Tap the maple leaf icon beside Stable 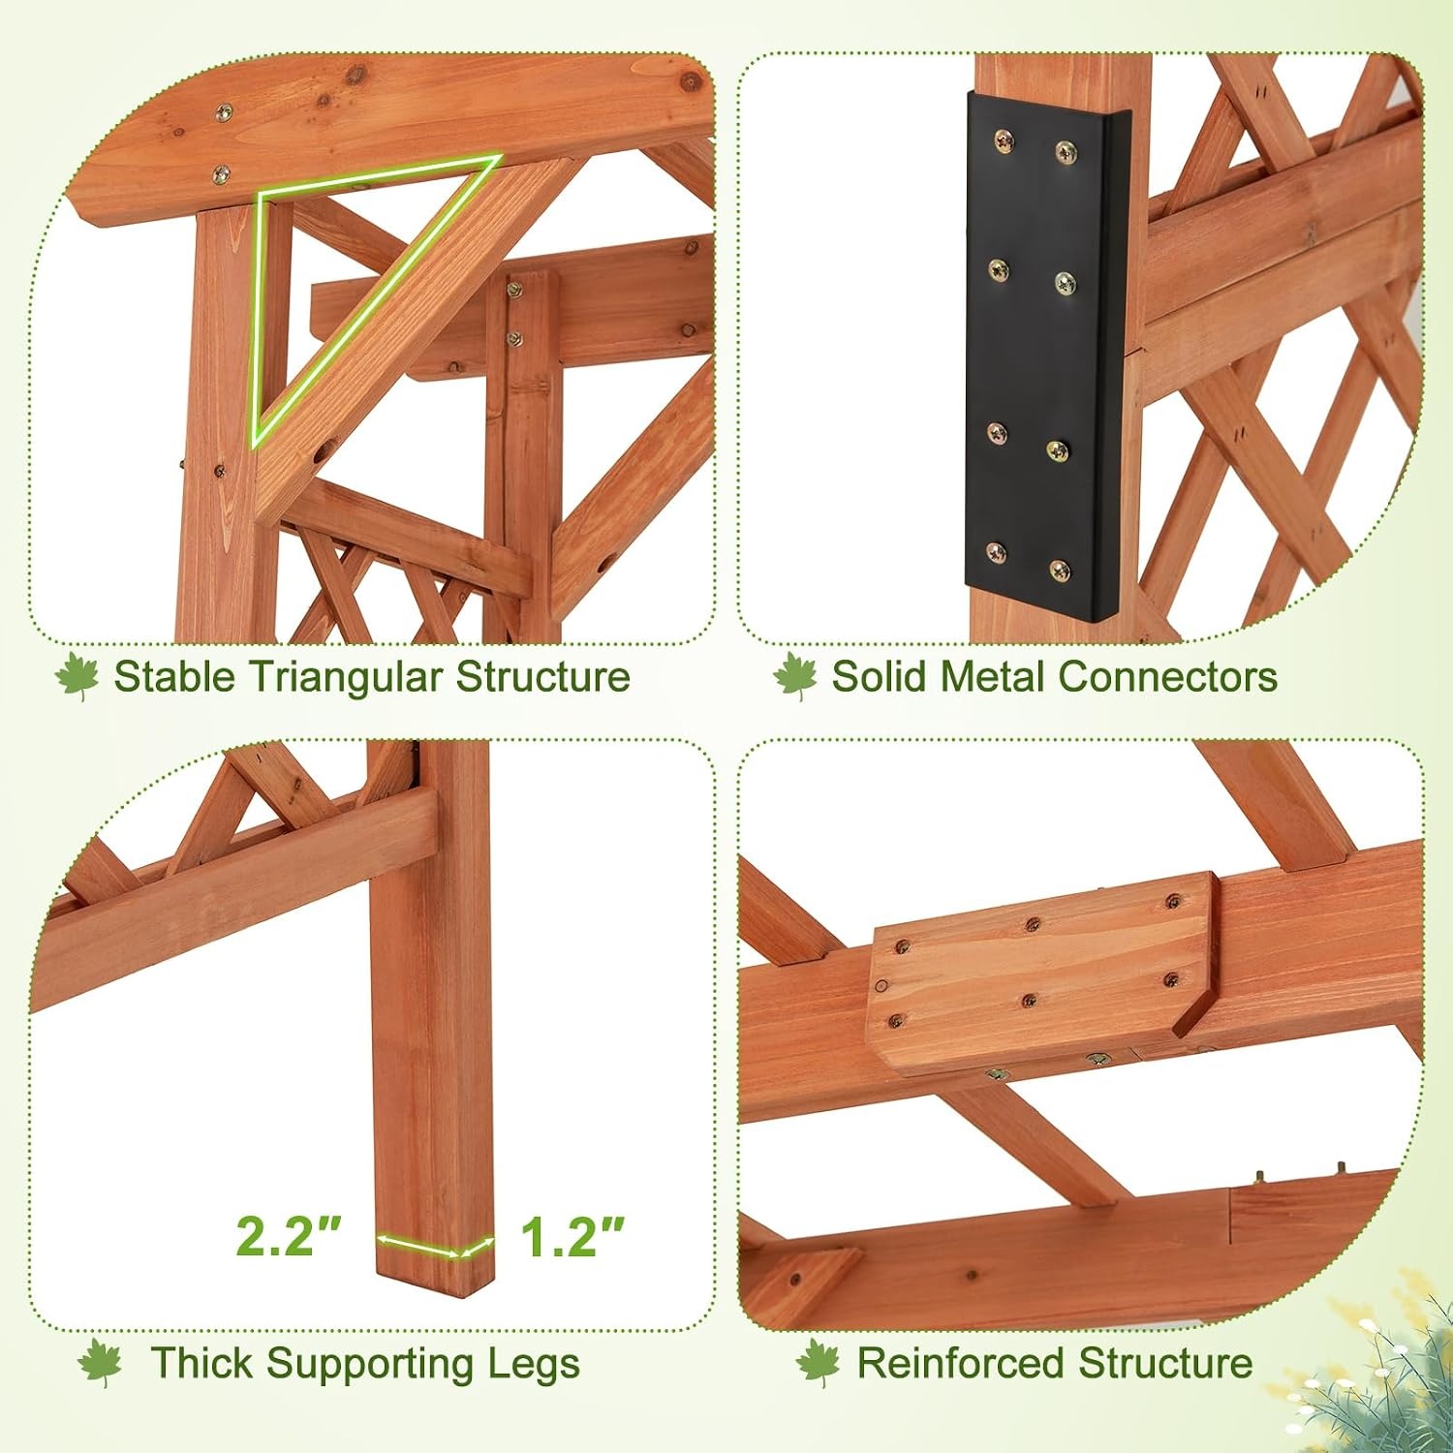77,676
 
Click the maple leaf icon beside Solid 795,676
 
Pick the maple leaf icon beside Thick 100,1364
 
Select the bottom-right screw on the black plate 1061,570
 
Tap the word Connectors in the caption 1168,676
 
